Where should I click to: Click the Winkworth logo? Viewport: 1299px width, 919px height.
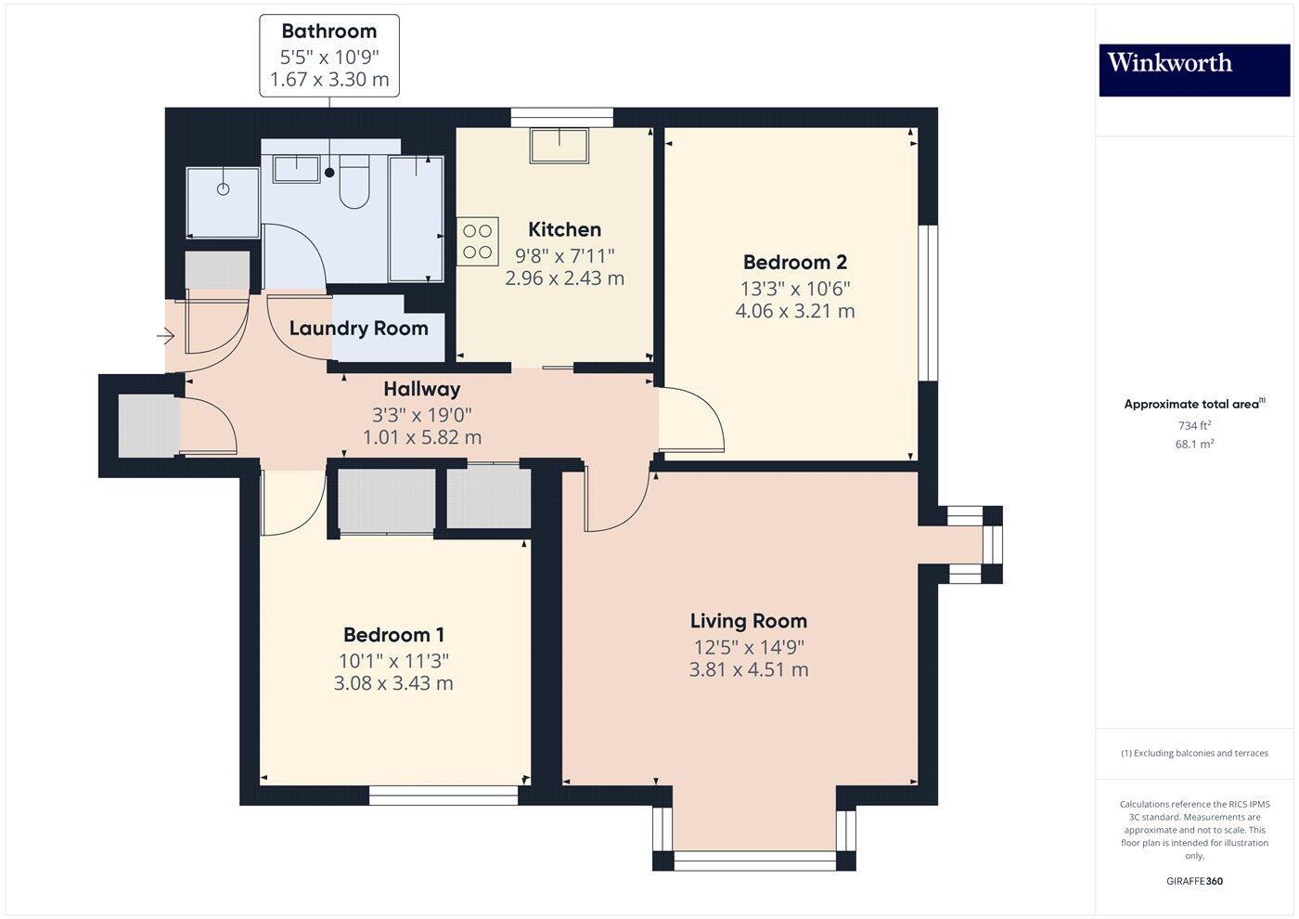coord(1194,71)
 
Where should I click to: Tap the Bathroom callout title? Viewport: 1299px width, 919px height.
coord(328,32)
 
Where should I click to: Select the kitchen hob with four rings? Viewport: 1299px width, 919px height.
coord(477,241)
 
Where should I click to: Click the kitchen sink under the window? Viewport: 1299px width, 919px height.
coord(559,145)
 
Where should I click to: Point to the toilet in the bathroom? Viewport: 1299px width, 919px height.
coord(354,182)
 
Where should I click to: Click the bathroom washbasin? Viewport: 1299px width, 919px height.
coord(296,169)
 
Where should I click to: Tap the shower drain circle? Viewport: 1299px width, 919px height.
coord(224,189)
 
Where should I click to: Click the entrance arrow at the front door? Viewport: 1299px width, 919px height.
coord(165,335)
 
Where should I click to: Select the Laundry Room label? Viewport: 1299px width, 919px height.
coord(359,329)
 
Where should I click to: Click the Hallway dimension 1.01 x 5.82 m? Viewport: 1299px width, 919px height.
coord(422,437)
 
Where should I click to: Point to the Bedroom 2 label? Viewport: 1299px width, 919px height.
coord(795,262)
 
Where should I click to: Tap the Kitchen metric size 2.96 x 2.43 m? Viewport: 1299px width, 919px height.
coord(564,278)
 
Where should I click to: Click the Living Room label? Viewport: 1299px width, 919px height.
coord(749,621)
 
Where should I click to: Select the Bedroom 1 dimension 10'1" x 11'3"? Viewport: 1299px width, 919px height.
coord(393,661)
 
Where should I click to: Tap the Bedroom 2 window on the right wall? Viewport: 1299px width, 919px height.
coord(929,303)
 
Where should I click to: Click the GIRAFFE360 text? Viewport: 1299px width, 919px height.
coord(1195,881)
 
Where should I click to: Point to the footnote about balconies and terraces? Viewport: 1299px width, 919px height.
coord(1195,753)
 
